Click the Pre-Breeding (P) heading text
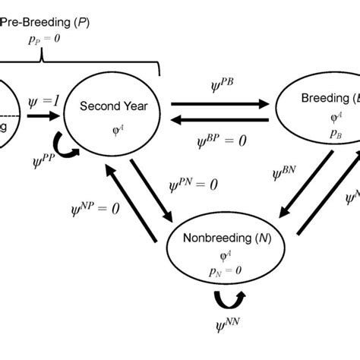tap(45, 22)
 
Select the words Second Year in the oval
tap(115, 106)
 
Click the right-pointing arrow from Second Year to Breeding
tap(219, 103)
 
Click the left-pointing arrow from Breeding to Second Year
tap(219, 120)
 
